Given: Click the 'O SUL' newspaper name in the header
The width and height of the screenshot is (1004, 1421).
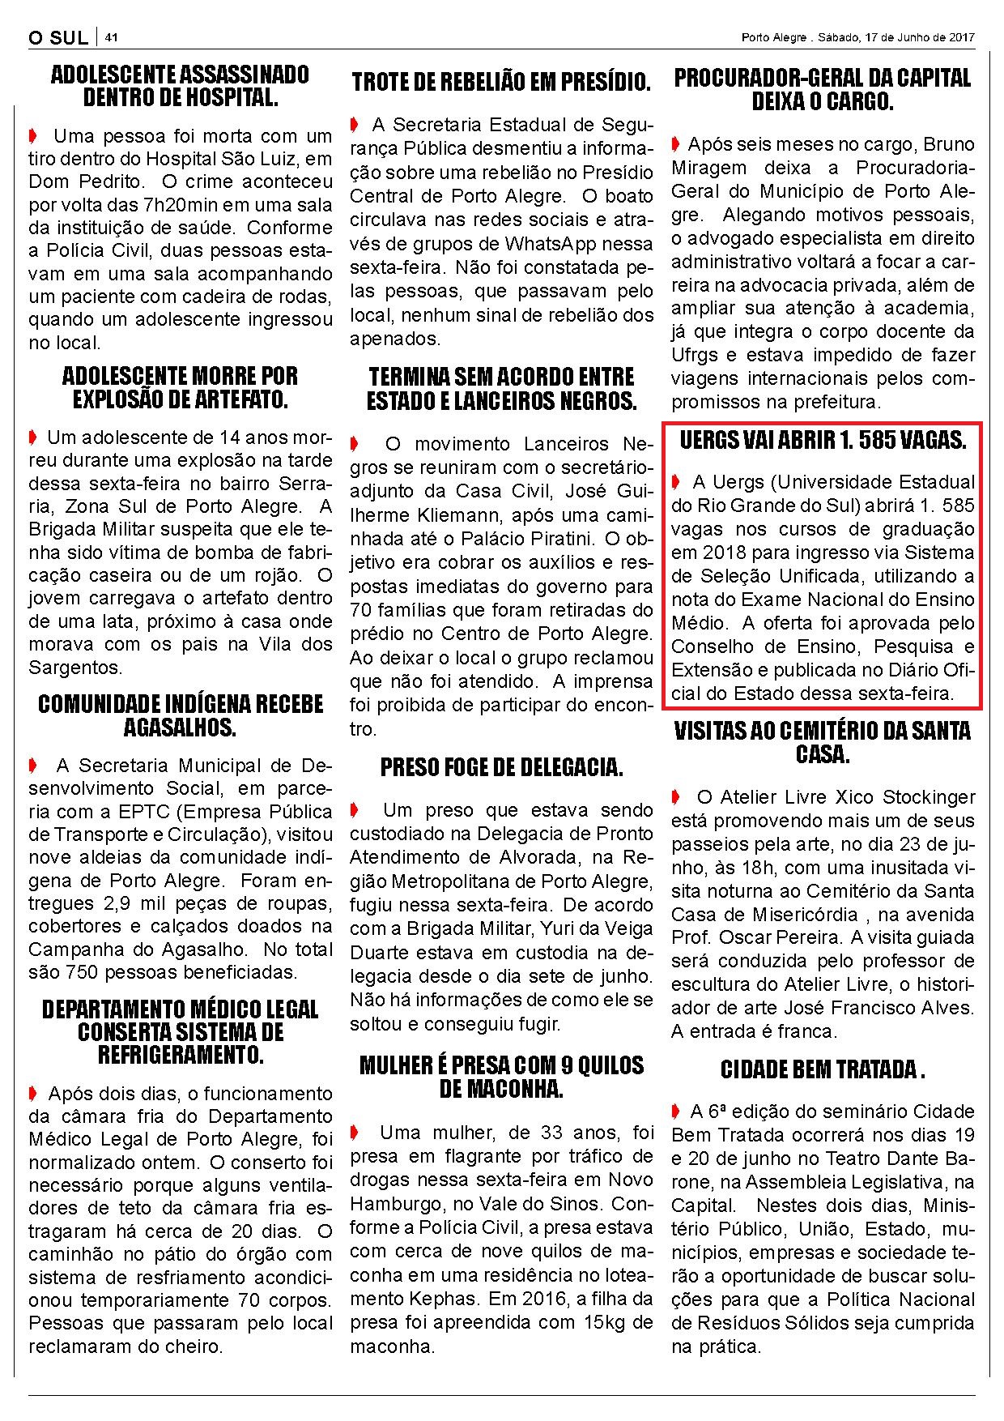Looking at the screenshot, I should click(x=57, y=38).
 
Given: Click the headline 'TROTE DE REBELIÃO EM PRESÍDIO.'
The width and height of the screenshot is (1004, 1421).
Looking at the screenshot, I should click(x=501, y=82).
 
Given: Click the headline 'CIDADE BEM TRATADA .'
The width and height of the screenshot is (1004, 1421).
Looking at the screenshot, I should click(x=823, y=1070).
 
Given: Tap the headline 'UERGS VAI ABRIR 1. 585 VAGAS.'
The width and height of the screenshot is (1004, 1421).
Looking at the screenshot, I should click(x=823, y=441).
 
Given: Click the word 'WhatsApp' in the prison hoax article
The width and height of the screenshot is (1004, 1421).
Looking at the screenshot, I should click(x=550, y=243).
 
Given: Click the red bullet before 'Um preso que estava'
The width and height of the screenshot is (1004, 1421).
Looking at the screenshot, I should click(x=354, y=810).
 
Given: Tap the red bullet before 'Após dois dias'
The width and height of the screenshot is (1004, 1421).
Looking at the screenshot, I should click(x=32, y=1094).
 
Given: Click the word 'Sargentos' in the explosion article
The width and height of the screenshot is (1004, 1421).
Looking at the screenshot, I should click(x=73, y=668).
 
